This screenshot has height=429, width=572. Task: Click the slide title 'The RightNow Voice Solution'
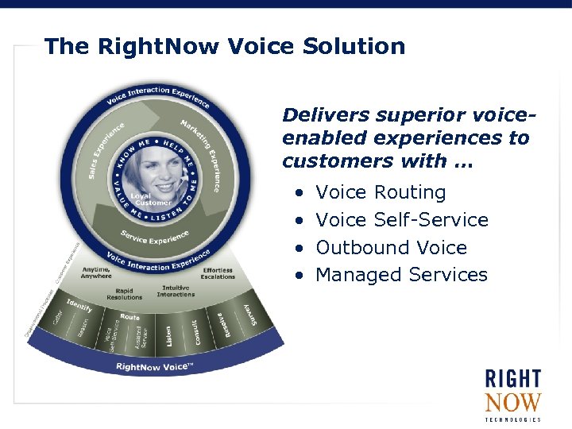click(x=225, y=46)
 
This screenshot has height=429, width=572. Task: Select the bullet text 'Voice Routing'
click(x=381, y=192)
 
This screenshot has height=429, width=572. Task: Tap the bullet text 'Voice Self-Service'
click(x=401, y=220)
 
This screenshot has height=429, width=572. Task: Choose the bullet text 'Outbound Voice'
click(x=391, y=248)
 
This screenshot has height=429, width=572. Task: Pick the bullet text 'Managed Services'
click(x=401, y=275)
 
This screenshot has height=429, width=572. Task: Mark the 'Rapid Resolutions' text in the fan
click(x=124, y=294)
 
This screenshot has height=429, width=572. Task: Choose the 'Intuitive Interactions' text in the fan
click(x=176, y=292)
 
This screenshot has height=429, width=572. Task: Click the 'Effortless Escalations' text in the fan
click(x=218, y=274)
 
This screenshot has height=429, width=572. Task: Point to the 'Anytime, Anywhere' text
click(x=97, y=272)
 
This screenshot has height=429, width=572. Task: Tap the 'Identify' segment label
click(x=79, y=306)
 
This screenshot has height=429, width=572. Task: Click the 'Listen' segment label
click(x=168, y=335)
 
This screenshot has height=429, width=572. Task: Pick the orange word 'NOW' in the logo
click(x=512, y=403)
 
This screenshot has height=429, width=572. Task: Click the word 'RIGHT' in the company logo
click(x=513, y=378)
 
